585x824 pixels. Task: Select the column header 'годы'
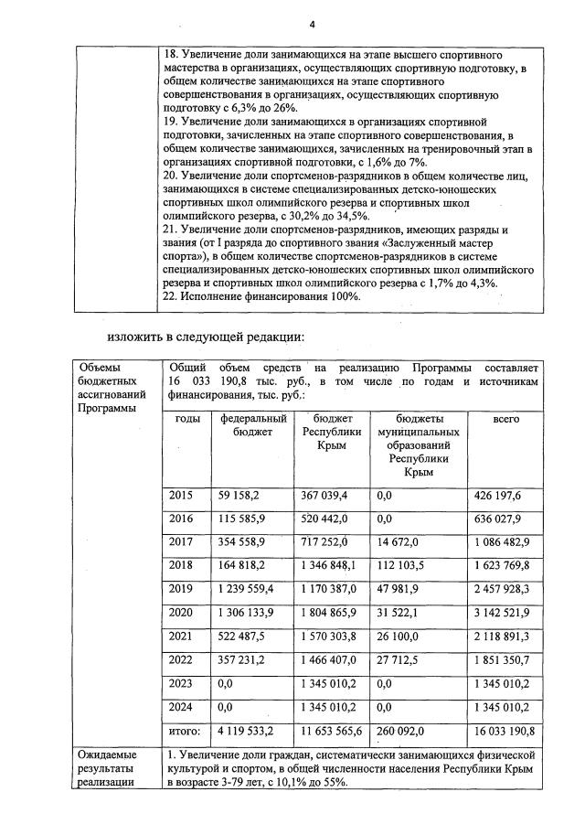[187, 419]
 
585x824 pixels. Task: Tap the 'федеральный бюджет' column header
[254, 425]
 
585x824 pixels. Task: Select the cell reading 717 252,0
[325, 541]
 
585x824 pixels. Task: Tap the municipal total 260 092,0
[401, 731]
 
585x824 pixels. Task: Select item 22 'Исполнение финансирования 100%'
[261, 296]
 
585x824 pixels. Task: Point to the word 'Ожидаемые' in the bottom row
[106, 754]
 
